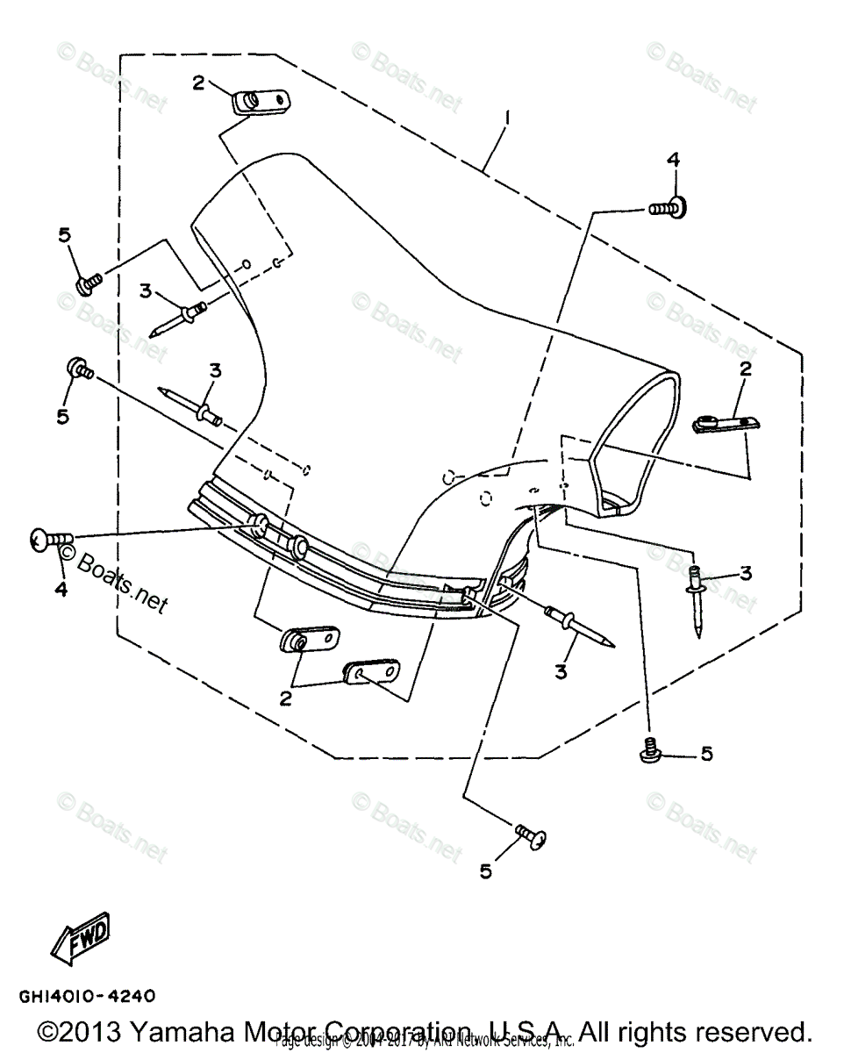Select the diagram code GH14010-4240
(x=87, y=996)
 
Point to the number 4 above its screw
(x=673, y=159)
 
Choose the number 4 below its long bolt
(x=61, y=590)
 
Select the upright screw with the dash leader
(x=650, y=750)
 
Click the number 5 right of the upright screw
(x=706, y=754)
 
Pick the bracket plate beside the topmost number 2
(x=259, y=102)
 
